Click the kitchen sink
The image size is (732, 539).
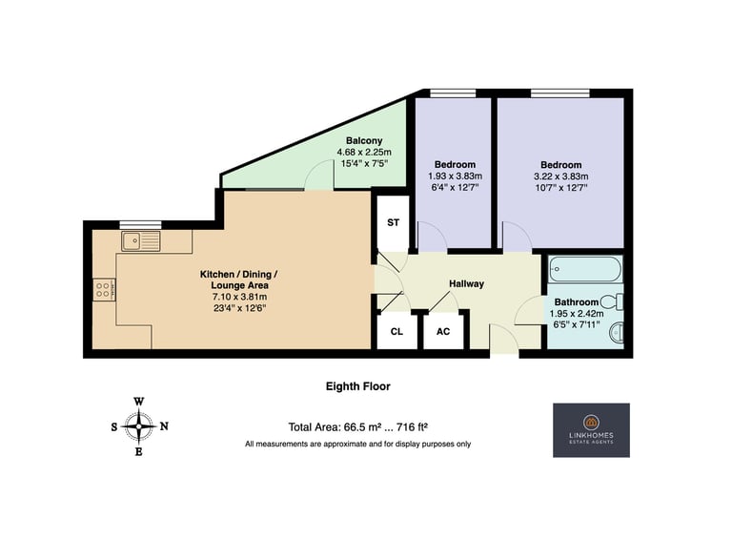(140, 241)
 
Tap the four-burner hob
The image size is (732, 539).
(104, 290)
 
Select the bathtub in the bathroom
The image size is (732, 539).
(585, 269)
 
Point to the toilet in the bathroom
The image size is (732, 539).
(612, 301)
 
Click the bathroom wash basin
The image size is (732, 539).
(617, 333)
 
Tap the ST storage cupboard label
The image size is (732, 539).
(393, 223)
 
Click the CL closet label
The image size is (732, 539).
(396, 332)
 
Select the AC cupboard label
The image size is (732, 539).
(443, 332)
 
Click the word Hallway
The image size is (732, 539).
(466, 283)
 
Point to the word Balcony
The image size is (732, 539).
(364, 140)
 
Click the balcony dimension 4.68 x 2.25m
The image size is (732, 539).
(364, 152)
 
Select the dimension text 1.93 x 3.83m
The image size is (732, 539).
(456, 176)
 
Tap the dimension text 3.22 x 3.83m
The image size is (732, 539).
(561, 176)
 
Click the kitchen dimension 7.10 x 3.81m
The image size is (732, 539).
(239, 297)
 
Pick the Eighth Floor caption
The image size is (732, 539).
(358, 386)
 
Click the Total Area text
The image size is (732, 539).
(358, 426)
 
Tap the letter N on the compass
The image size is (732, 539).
(164, 426)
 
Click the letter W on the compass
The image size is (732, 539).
(138, 402)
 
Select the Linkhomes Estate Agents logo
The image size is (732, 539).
(592, 430)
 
